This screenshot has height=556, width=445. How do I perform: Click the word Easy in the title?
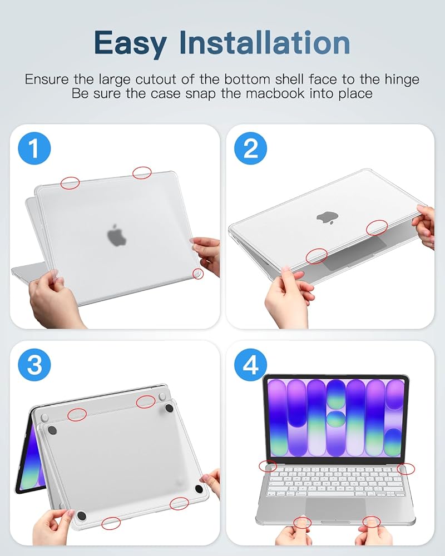pos(130,43)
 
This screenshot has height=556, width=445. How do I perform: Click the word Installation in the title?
pos(265,42)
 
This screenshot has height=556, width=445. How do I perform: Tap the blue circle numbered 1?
pos(34,148)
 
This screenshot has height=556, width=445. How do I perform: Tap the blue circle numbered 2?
pos(250,148)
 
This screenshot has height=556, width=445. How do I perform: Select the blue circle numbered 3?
pos(34,365)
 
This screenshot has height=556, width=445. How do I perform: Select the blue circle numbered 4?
pos(250,365)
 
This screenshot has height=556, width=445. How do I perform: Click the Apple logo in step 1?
pos(116,235)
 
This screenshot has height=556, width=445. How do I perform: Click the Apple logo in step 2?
pos(328,217)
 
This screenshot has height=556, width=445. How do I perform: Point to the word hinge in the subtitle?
pos(402,80)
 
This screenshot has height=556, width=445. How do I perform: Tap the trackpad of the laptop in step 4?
pos(335,509)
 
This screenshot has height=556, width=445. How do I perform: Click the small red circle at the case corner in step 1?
pos(198,274)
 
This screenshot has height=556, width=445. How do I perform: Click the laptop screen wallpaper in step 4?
pos(335,418)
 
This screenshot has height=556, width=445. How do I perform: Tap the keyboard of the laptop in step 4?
pos(335,481)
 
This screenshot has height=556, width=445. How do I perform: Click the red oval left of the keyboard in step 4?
pos(268,466)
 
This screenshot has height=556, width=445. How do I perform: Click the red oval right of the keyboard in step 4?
pos(406,469)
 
